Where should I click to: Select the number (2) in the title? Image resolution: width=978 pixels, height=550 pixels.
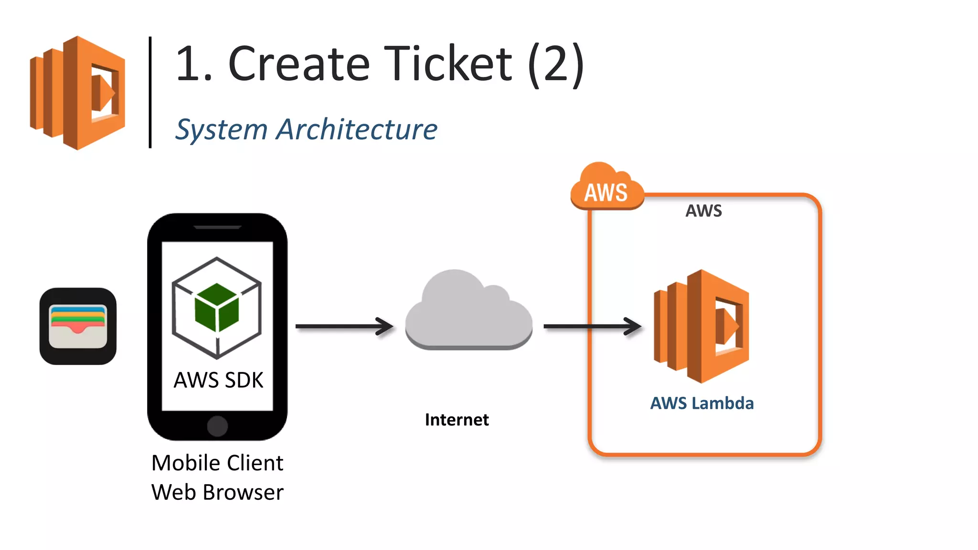[x=556, y=64]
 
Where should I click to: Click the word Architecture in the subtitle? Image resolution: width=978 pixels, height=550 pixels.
[x=357, y=129]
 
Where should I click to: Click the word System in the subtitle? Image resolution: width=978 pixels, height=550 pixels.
[x=221, y=129]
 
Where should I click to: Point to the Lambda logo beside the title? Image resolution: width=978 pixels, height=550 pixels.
[x=77, y=93]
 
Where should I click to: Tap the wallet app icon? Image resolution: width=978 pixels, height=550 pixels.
[x=78, y=326]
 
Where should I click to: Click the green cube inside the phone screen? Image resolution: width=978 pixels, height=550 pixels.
[x=217, y=307]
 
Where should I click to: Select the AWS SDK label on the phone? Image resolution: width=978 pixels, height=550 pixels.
[x=218, y=381]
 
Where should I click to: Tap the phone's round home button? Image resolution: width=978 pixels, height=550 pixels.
[x=217, y=426]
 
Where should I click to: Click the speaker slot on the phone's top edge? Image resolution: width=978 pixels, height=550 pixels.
[x=217, y=227]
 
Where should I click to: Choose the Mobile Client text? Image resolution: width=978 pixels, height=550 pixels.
[x=217, y=463]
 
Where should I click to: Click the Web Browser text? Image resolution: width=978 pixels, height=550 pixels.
[x=217, y=492]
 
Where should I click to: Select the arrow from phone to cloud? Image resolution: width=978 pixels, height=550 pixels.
[x=344, y=327]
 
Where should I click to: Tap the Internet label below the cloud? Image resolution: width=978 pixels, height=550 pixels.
[x=457, y=420]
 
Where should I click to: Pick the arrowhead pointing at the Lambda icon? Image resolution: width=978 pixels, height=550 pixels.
[x=633, y=327]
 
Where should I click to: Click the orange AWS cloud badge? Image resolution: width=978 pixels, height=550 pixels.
[x=606, y=189]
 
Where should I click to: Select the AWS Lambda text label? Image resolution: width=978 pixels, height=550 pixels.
[x=702, y=403]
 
